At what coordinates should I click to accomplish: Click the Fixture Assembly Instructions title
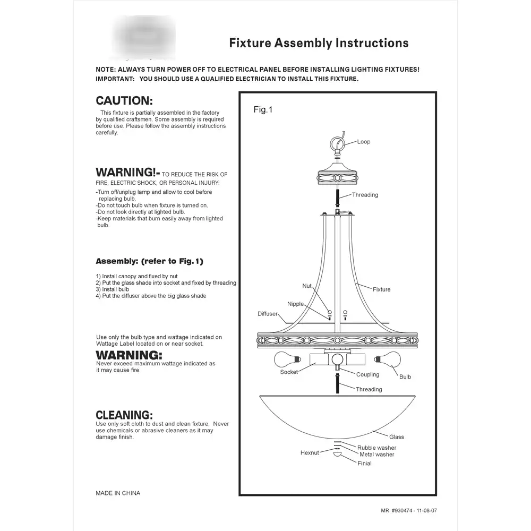pyautogui.click(x=319, y=43)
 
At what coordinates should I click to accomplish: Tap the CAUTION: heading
pyautogui.click(x=124, y=100)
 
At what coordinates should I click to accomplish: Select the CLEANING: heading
pyautogui.click(x=124, y=415)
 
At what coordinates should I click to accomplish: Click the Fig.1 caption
pyautogui.click(x=263, y=110)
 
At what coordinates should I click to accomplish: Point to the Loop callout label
pyautogui.click(x=364, y=142)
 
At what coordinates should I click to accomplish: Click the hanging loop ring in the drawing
pyautogui.click(x=336, y=144)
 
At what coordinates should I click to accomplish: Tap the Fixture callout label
pyautogui.click(x=381, y=289)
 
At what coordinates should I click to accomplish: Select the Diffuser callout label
pyautogui.click(x=268, y=314)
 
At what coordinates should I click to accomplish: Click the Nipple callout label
pyautogui.click(x=296, y=304)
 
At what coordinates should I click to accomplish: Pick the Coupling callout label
pyautogui.click(x=367, y=374)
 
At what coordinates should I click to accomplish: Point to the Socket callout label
pyautogui.click(x=289, y=372)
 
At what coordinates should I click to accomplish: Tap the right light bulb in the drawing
pyautogui.click(x=388, y=359)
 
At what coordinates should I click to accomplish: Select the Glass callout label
pyautogui.click(x=397, y=437)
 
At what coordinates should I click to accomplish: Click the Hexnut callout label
pyautogui.click(x=310, y=453)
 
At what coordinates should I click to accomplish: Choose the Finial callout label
pyautogui.click(x=365, y=464)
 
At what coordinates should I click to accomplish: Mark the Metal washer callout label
pyautogui.click(x=377, y=455)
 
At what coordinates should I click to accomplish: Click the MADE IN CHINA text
pyautogui.click(x=118, y=493)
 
